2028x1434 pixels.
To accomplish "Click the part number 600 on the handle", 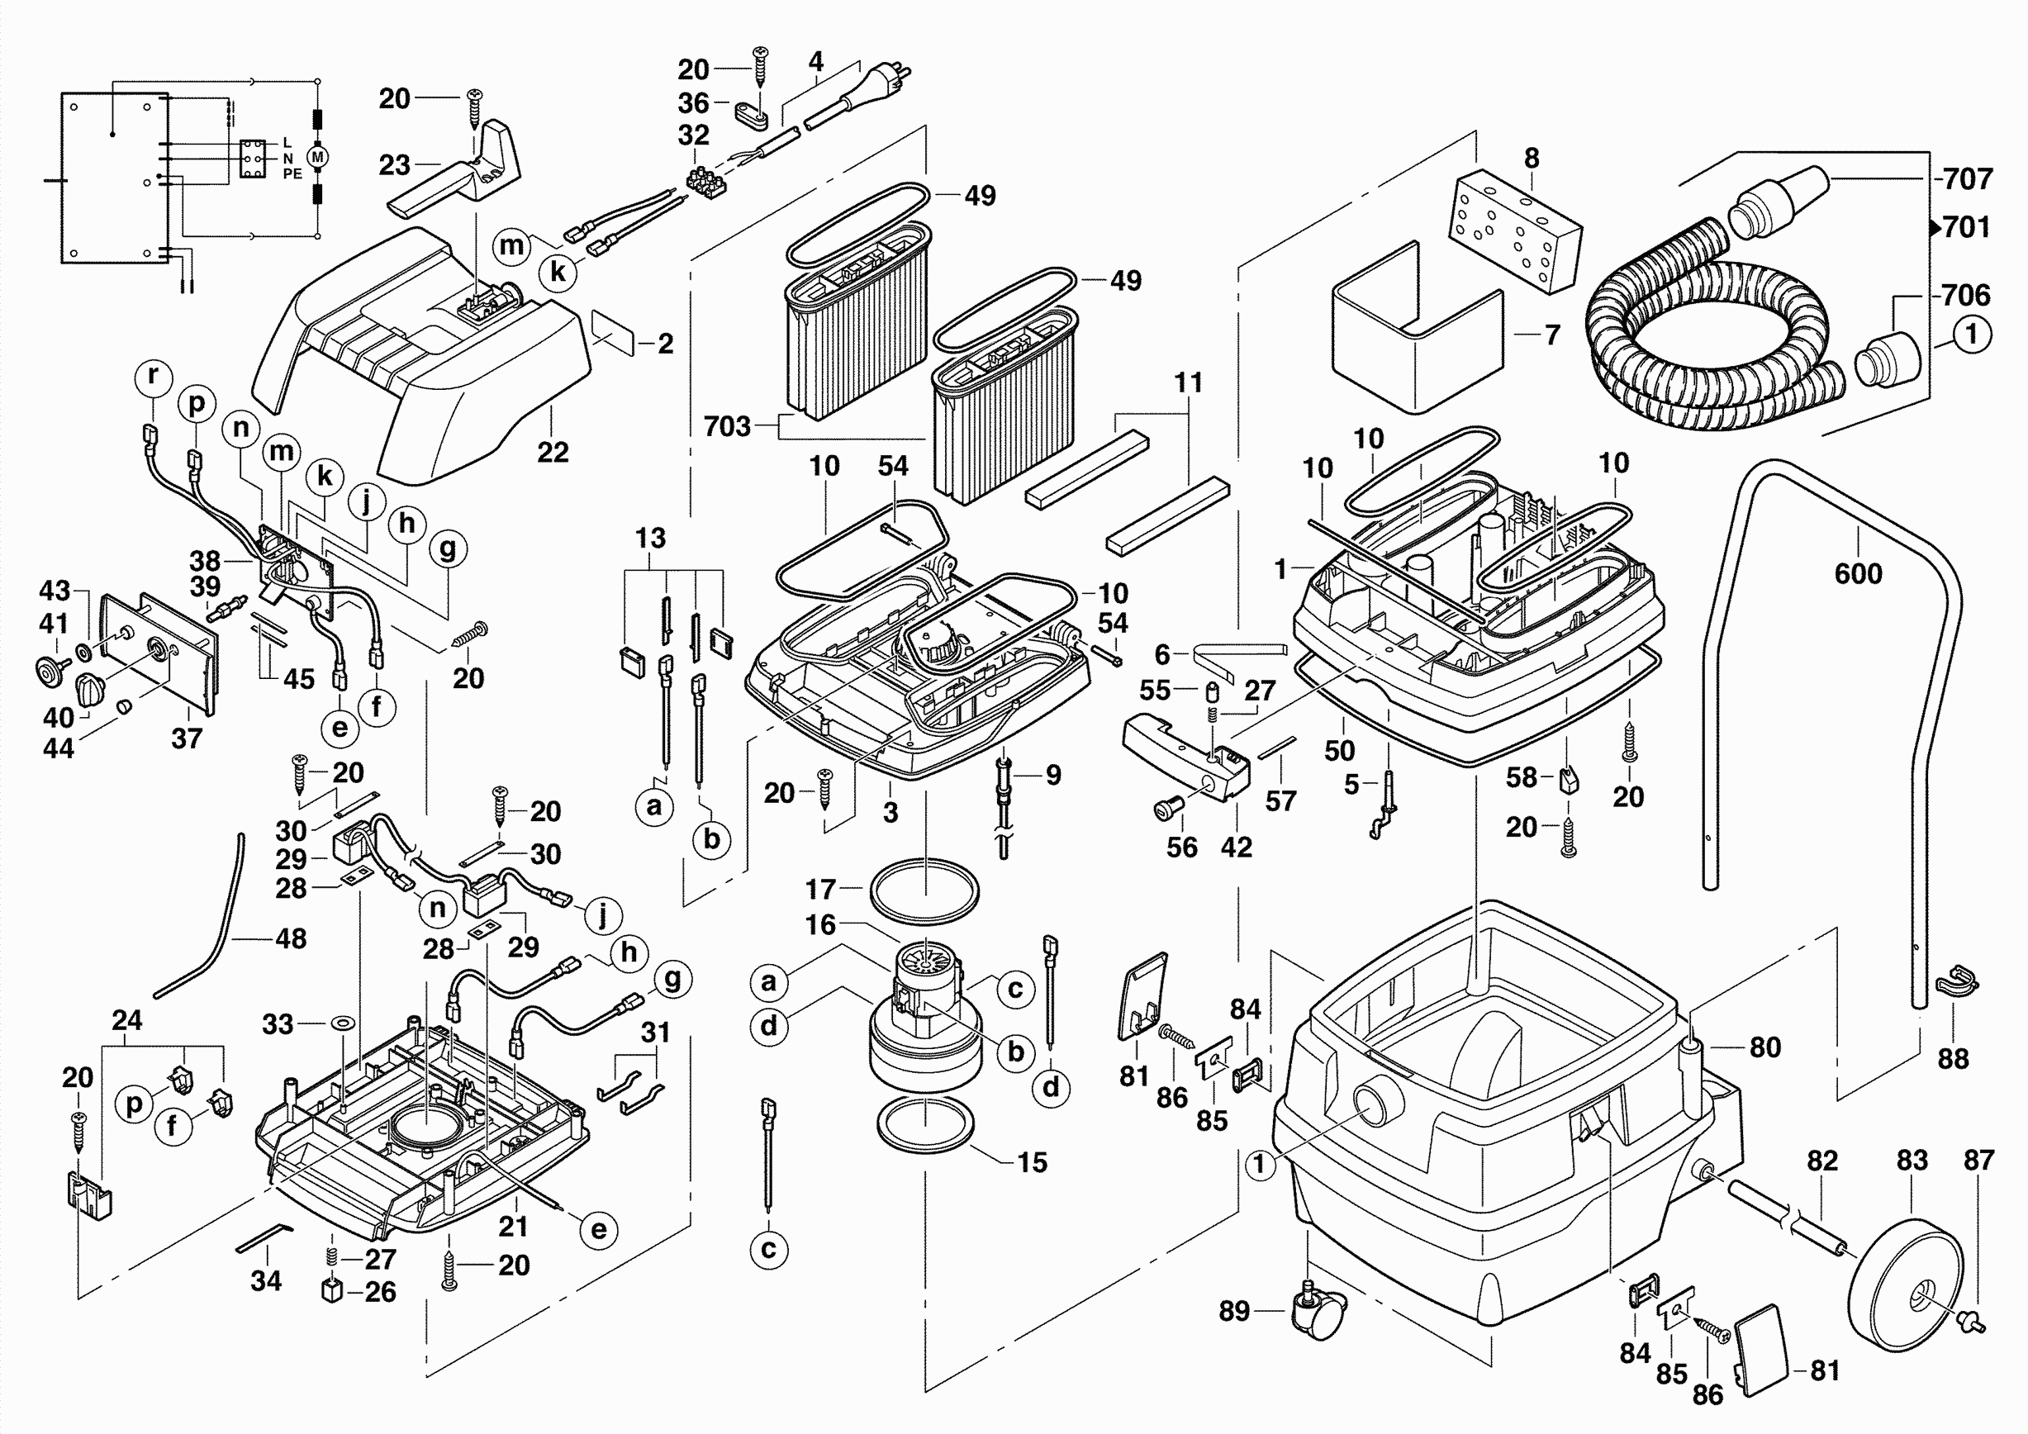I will click(x=1858, y=574).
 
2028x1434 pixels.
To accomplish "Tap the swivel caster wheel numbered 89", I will click(x=1318, y=1315).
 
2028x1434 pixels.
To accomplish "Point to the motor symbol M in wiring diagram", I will click(x=318, y=157).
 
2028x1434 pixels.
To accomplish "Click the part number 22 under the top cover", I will click(x=553, y=452).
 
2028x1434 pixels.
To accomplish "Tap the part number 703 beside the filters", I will click(x=727, y=426).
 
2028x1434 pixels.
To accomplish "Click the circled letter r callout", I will click(x=153, y=375).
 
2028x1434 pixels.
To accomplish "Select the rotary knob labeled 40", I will click(x=89, y=687).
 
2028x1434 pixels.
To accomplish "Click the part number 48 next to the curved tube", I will click(x=291, y=938).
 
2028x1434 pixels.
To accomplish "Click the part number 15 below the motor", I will click(x=1032, y=1162).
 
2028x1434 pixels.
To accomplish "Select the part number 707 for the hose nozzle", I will click(x=1968, y=179).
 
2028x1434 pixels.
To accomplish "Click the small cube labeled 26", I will click(x=331, y=1290).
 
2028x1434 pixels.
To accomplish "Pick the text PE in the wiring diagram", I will click(x=292, y=174).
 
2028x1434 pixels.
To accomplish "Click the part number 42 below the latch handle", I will click(x=1236, y=847).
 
